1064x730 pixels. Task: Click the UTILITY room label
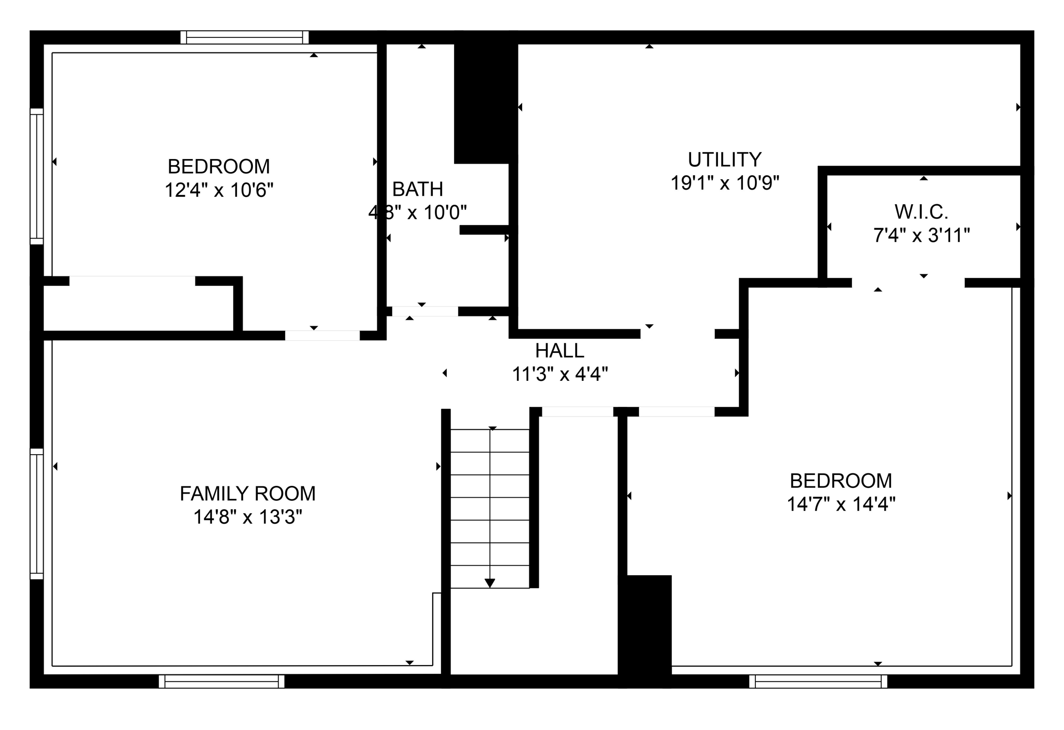(724, 159)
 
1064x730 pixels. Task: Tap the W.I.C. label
(921, 212)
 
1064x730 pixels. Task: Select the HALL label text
(560, 351)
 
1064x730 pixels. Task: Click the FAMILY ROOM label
(247, 494)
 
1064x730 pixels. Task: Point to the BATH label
(417, 190)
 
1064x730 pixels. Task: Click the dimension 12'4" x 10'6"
(219, 190)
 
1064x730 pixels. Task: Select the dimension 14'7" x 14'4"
(841, 505)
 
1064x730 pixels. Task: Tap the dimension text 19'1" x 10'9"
(724, 183)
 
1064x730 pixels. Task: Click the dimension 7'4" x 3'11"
(921, 236)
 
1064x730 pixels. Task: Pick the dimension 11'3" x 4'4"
(560, 374)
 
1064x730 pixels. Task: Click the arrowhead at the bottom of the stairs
(489, 583)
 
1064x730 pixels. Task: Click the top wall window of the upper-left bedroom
(244, 37)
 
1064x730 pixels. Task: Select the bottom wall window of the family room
(221, 681)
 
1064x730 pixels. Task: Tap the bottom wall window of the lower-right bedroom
(818, 681)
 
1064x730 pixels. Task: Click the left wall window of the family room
(36, 513)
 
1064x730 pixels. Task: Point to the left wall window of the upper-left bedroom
(36, 176)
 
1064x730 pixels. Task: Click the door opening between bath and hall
(424, 312)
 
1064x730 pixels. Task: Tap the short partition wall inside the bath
(484, 230)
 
